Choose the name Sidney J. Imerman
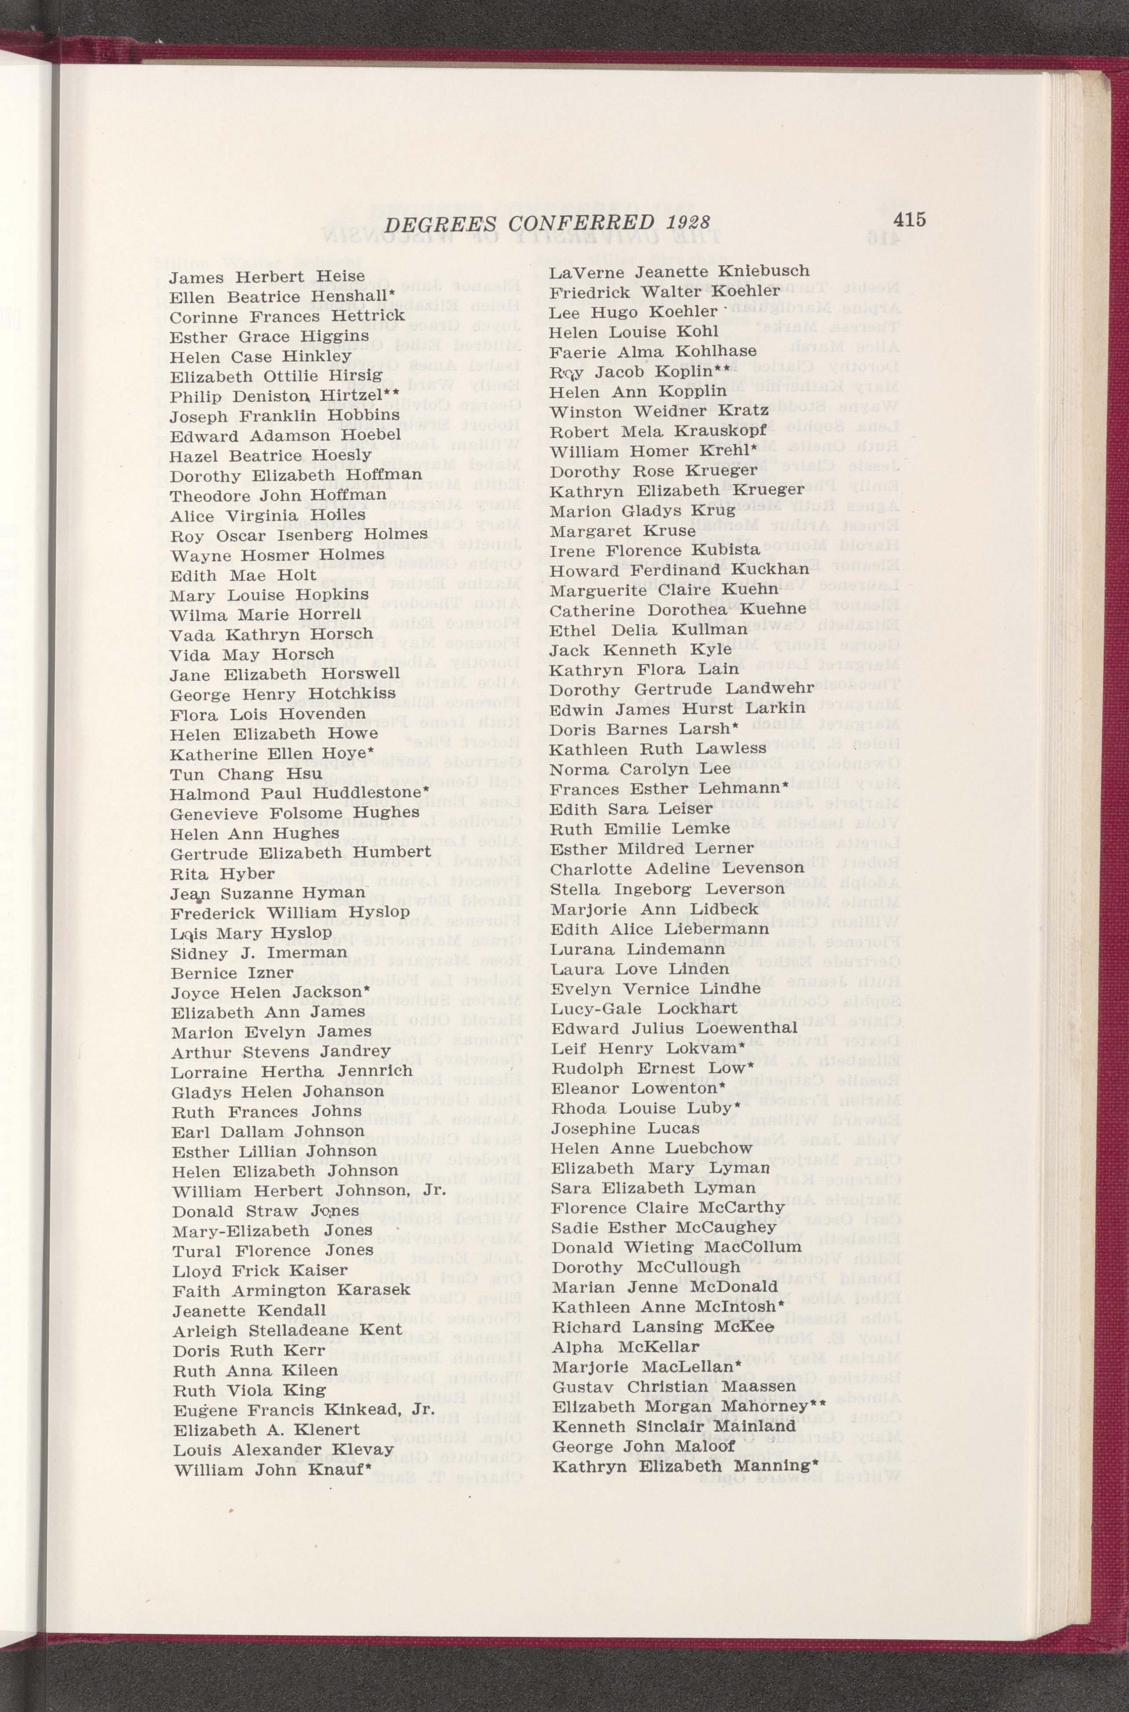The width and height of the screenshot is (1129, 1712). tap(249, 953)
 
